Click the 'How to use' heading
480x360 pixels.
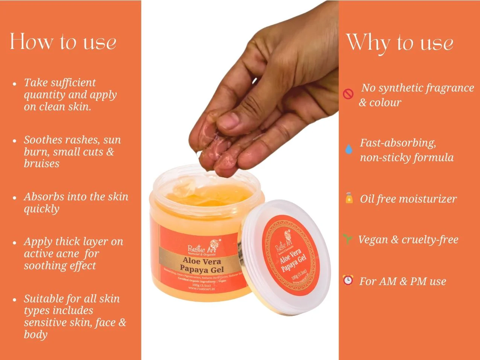click(x=63, y=41)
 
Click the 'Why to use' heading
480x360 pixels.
click(x=399, y=42)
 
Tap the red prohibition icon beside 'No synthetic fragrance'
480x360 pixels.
click(x=348, y=94)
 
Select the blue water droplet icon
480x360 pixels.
click(x=349, y=149)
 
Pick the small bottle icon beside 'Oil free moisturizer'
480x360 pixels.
click(x=349, y=198)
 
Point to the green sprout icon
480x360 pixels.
click(x=347, y=239)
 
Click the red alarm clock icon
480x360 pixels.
click(x=348, y=280)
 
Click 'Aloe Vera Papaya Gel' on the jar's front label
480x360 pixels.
click(x=202, y=265)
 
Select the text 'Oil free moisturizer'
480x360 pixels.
click(x=408, y=199)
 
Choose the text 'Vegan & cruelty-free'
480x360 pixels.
click(x=408, y=239)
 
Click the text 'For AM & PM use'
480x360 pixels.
click(x=402, y=281)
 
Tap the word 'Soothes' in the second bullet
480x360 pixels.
click(x=43, y=140)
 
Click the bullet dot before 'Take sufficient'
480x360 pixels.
click(x=15, y=83)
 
